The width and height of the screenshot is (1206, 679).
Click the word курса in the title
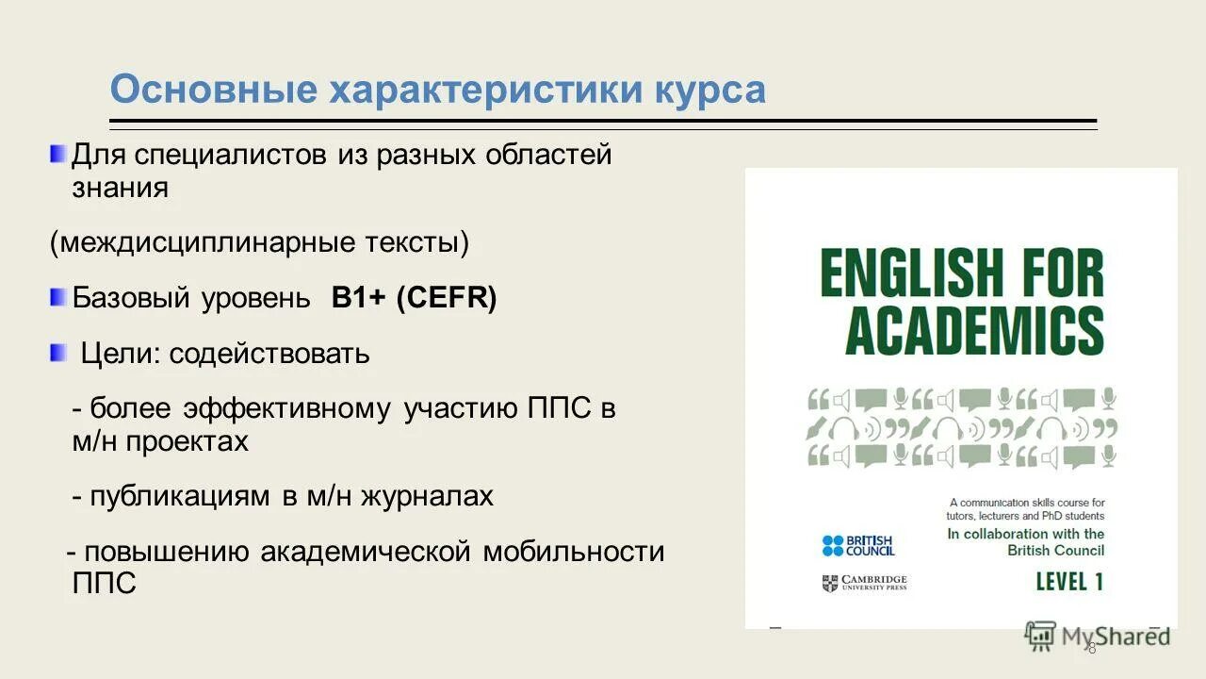pyautogui.click(x=709, y=91)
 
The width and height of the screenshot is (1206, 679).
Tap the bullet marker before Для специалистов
pyautogui.click(x=58, y=153)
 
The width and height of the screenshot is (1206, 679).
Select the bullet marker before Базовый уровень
pyautogui.click(x=58, y=298)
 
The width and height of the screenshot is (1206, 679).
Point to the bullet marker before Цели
pyautogui.click(x=58, y=354)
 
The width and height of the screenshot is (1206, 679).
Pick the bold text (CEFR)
pyautogui.click(x=446, y=298)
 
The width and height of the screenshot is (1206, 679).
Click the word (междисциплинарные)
pyautogui.click(x=203, y=243)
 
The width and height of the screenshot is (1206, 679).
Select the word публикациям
pyautogui.click(x=179, y=496)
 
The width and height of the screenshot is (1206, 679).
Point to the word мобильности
pyautogui.click(x=574, y=552)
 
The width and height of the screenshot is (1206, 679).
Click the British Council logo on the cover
pyautogui.click(x=858, y=545)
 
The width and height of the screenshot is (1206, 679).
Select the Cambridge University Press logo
pyautogui.click(x=864, y=583)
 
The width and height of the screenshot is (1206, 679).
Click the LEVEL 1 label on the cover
pyautogui.click(x=1069, y=582)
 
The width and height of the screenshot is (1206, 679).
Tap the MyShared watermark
pyautogui.click(x=1098, y=637)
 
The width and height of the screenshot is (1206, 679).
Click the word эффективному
pyautogui.click(x=286, y=409)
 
